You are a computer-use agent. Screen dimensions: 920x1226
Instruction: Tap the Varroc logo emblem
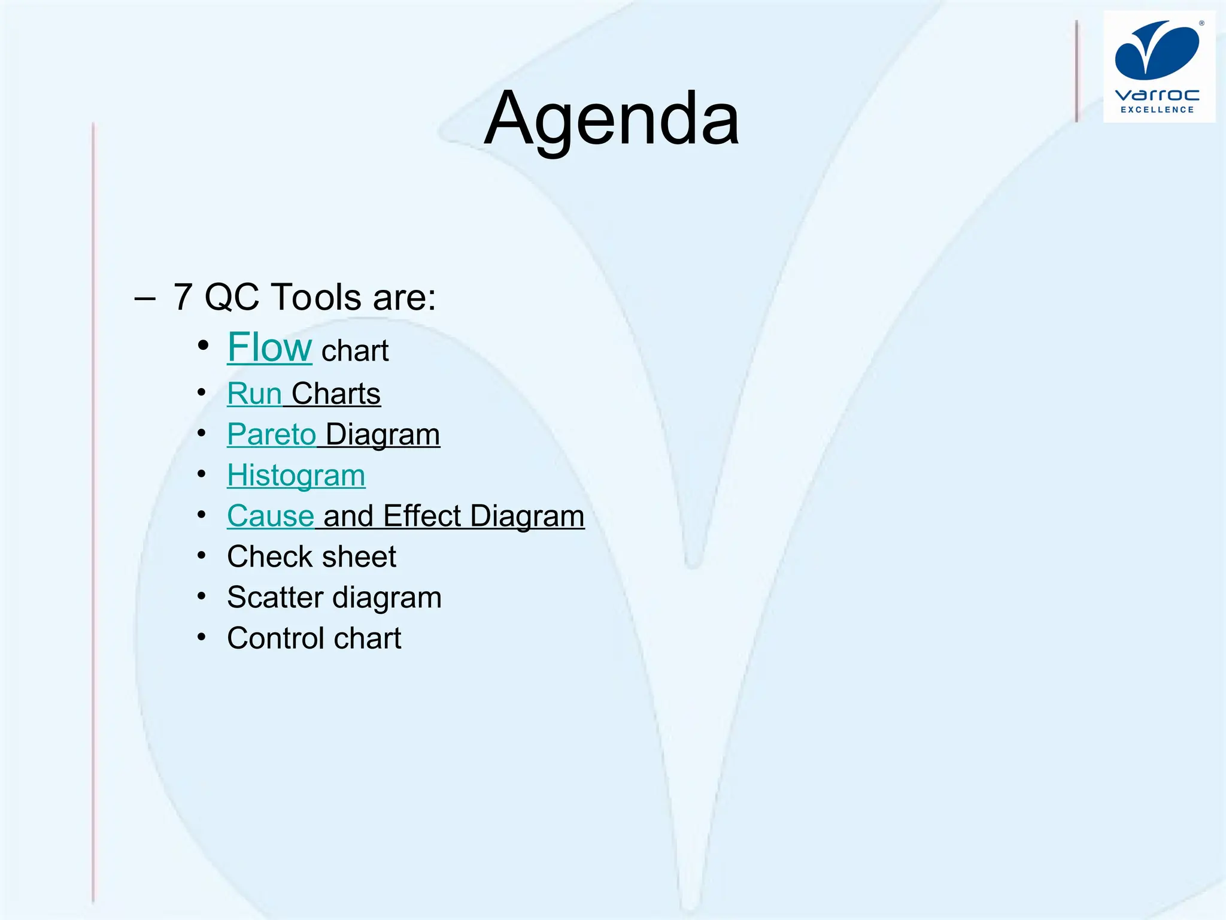pyautogui.click(x=1157, y=50)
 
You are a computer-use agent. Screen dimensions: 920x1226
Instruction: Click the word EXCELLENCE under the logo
pyautogui.click(x=1157, y=110)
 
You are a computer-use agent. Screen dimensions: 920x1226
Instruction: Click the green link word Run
pyautogui.click(x=254, y=394)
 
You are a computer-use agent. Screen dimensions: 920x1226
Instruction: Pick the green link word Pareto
pyautogui.click(x=271, y=434)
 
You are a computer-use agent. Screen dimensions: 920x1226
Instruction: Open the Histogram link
pyautogui.click(x=296, y=476)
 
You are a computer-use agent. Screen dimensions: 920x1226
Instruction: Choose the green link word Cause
pyautogui.click(x=271, y=516)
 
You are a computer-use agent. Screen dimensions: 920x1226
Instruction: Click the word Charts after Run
pyautogui.click(x=336, y=394)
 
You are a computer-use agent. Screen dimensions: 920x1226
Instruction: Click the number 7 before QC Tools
pyautogui.click(x=183, y=297)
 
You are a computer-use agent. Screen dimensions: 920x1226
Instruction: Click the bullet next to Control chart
pyautogui.click(x=202, y=637)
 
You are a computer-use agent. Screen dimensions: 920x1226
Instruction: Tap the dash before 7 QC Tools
pyautogui.click(x=145, y=298)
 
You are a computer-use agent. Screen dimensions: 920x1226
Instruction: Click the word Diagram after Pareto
pyautogui.click(x=383, y=434)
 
